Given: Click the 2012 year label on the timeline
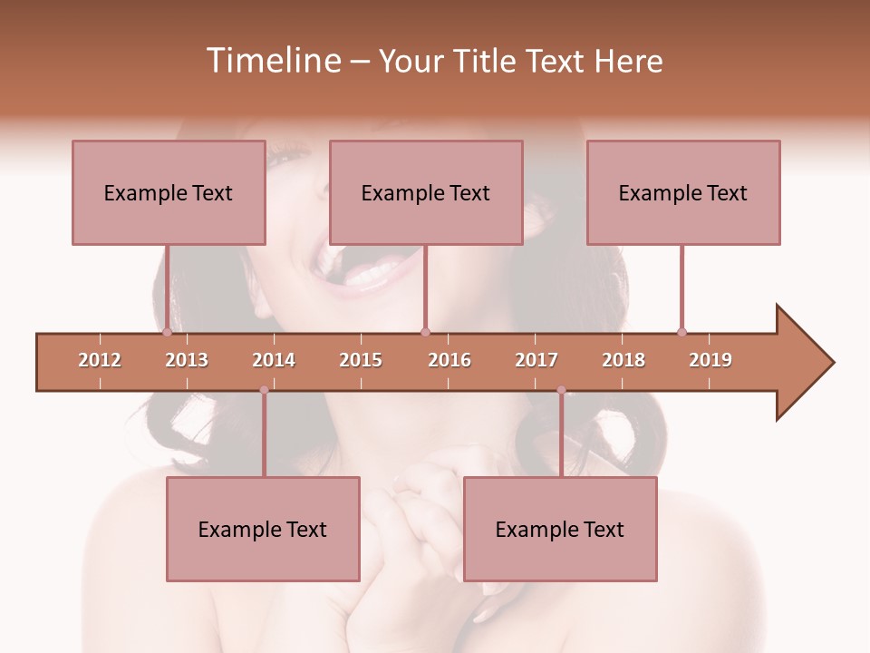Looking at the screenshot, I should click(100, 360).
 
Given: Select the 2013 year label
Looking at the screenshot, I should click(187, 360).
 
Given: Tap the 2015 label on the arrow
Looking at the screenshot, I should click(361, 360).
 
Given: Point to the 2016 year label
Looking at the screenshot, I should click(449, 360).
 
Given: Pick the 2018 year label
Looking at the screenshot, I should click(623, 360).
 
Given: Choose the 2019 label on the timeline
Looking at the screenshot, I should click(710, 360).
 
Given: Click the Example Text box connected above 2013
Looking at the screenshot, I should click(169, 192).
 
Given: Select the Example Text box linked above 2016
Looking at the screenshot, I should click(426, 192).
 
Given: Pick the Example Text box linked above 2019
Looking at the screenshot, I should click(683, 192).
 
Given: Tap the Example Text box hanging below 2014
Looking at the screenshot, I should click(263, 529).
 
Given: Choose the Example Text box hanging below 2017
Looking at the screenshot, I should click(560, 529).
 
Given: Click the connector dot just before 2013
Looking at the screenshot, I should click(167, 332).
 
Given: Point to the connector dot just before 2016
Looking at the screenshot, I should click(425, 332).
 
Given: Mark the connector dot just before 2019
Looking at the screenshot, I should click(681, 332).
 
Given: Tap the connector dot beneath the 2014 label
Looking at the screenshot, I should click(264, 390).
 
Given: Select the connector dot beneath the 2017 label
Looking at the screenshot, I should click(561, 390).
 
